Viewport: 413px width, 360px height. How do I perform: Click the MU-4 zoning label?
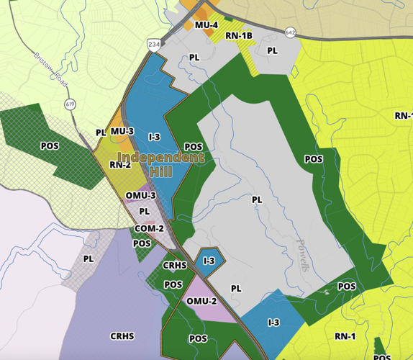(206, 25)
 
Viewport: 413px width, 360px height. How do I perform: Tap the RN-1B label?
(239, 35)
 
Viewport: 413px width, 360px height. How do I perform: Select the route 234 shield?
(155, 43)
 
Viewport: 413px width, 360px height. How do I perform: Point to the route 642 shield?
(290, 32)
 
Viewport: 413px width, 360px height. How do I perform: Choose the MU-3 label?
(122, 131)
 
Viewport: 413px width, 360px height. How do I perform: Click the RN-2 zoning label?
(120, 165)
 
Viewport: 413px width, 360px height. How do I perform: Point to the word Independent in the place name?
(160, 158)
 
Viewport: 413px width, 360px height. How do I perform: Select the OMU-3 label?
(140, 195)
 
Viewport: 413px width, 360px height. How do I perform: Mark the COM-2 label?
(150, 228)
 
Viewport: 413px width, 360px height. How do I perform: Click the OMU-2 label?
(202, 301)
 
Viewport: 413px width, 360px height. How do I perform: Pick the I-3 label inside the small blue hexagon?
(209, 261)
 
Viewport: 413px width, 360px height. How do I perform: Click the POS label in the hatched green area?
(50, 146)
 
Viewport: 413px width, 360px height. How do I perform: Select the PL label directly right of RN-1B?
(272, 50)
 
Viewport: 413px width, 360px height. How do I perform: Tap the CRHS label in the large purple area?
(122, 336)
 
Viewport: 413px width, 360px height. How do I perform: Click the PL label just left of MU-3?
(101, 132)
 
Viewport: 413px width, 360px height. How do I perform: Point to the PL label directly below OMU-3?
(144, 212)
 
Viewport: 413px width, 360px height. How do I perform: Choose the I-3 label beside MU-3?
(154, 137)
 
